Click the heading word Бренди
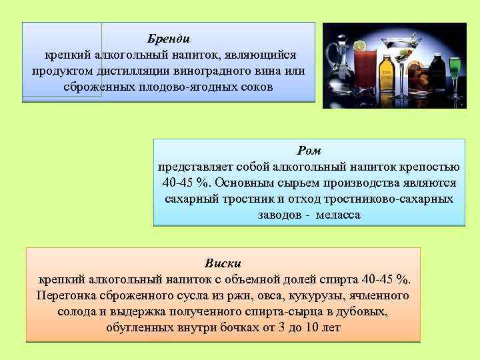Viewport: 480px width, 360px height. (x=169, y=39)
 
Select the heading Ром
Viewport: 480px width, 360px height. (x=309, y=151)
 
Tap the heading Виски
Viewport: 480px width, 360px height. (x=223, y=263)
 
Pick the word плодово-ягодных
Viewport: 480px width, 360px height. (x=198, y=87)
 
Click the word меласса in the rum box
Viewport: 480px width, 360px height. (x=338, y=215)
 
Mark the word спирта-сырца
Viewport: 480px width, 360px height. (x=281, y=311)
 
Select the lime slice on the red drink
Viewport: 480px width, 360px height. (x=360, y=47)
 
